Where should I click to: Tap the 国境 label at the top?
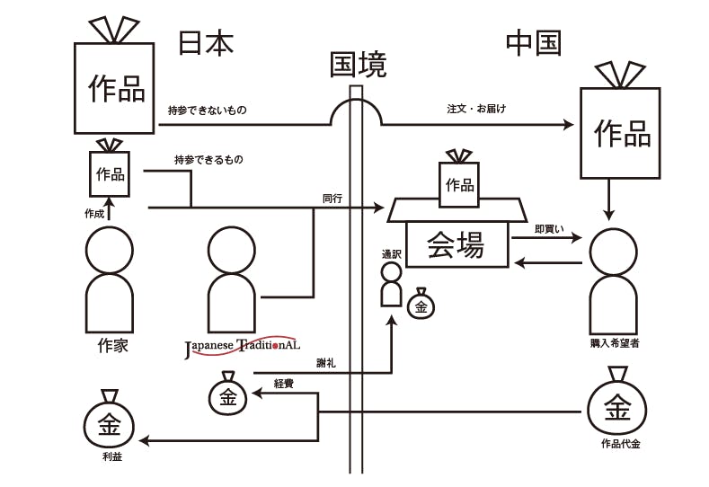358,64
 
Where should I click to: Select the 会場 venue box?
456,244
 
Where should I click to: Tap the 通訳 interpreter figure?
391,284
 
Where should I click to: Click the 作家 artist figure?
109,279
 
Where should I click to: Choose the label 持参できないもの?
207,111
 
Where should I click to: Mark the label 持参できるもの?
208,160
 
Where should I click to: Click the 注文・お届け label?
476,110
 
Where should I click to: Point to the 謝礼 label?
326,363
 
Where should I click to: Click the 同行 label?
332,198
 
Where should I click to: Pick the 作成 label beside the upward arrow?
94,214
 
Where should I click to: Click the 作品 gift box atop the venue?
459,184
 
